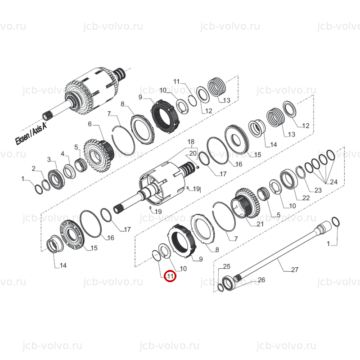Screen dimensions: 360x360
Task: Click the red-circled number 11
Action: (170, 276)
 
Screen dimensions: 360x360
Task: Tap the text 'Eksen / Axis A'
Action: (31, 133)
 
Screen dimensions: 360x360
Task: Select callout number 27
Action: (295, 270)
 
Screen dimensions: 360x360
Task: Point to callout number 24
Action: (334, 182)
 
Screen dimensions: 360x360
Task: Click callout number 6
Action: (90, 124)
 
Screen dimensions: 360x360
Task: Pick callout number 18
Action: (191, 142)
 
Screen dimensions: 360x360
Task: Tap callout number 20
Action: (193, 153)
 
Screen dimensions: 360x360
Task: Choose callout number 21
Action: (260, 224)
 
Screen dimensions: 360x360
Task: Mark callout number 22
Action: (306, 198)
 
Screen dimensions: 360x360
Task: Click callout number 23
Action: (318, 190)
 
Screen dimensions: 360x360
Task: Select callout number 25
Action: (227, 266)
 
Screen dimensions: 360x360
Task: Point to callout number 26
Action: (261, 279)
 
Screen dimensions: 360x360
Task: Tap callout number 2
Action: (33, 168)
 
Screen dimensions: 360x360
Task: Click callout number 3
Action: (49, 159)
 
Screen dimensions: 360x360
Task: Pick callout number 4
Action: (63, 153)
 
